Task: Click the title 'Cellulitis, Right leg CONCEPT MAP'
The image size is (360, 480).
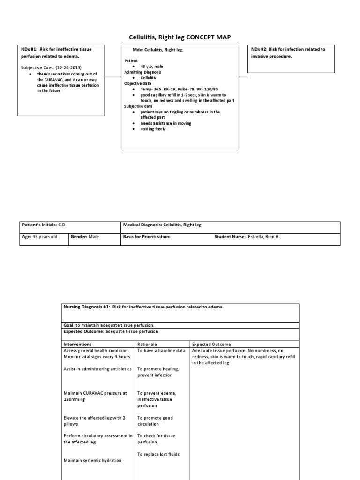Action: coord(180,37)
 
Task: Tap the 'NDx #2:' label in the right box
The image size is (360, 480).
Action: coord(259,49)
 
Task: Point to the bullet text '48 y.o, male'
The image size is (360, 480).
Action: coord(152,67)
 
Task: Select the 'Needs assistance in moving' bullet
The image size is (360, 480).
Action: coord(166,123)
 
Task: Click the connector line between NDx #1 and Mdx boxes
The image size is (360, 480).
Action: coord(113,76)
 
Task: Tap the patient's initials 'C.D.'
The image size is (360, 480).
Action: coord(62,225)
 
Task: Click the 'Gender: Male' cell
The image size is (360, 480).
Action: coord(85,237)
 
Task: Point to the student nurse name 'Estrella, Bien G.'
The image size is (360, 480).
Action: coord(264,237)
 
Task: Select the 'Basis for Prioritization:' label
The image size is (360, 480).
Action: coord(146,237)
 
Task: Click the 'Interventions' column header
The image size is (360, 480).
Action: coord(78,344)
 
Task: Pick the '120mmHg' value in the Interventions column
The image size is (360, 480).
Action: coord(75,399)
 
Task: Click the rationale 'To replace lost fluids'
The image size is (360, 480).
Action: coord(158,454)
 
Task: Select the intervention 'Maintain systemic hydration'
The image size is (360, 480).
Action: coord(92,460)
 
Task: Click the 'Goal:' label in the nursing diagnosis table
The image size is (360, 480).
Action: coord(69,325)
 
